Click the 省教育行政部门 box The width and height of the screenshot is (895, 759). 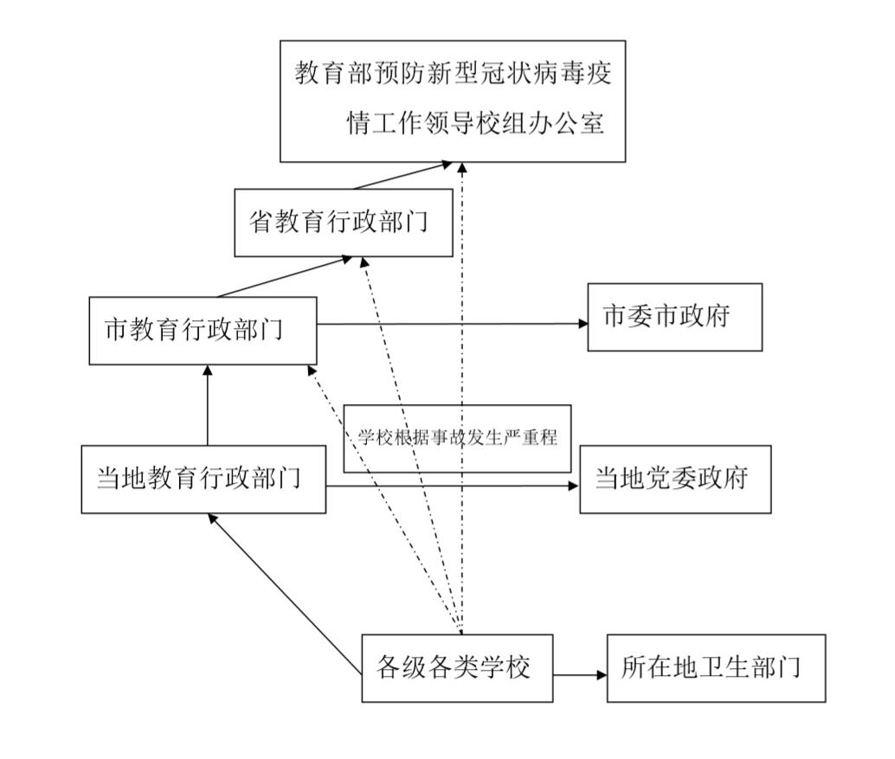[x=343, y=222]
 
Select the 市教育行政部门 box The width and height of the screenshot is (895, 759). [x=203, y=331]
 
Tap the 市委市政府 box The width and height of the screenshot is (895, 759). [x=674, y=317]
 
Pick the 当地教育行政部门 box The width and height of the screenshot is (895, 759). [x=203, y=479]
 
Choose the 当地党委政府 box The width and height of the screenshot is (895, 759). [x=674, y=479]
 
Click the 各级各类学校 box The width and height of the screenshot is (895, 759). [x=456, y=667]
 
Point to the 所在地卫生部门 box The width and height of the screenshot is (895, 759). [x=716, y=667]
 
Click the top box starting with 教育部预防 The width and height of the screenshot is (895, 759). [x=452, y=100]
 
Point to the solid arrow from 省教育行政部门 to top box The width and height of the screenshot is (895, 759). [x=402, y=176]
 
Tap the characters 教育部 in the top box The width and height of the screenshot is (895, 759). [x=326, y=73]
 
